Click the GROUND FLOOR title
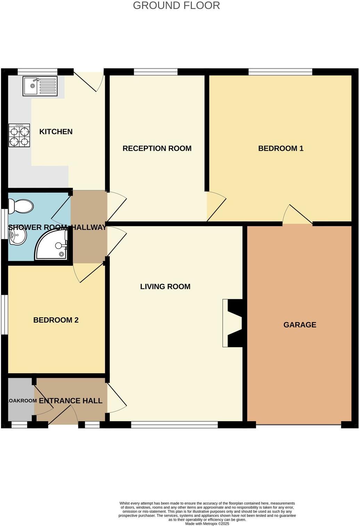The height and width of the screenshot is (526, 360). [176, 6]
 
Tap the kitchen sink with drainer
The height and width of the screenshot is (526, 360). [40, 86]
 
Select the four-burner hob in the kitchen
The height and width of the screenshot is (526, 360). [19, 136]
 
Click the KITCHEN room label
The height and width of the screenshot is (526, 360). [56, 132]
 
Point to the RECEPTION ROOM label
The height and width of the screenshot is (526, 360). [157, 148]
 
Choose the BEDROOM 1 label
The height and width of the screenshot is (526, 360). [280, 148]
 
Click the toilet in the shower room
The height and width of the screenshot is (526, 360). [21, 206]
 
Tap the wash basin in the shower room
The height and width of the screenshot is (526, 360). [17, 237]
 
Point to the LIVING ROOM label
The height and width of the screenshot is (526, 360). [165, 286]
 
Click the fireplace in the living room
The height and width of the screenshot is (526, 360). [233, 323]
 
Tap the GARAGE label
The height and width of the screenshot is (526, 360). [300, 325]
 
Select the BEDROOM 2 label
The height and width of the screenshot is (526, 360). [56, 320]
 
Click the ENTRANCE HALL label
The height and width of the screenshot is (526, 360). [71, 401]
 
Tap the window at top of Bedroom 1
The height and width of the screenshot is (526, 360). [280, 72]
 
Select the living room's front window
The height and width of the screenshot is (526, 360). [174, 424]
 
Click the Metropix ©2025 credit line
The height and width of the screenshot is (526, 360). [207, 524]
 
